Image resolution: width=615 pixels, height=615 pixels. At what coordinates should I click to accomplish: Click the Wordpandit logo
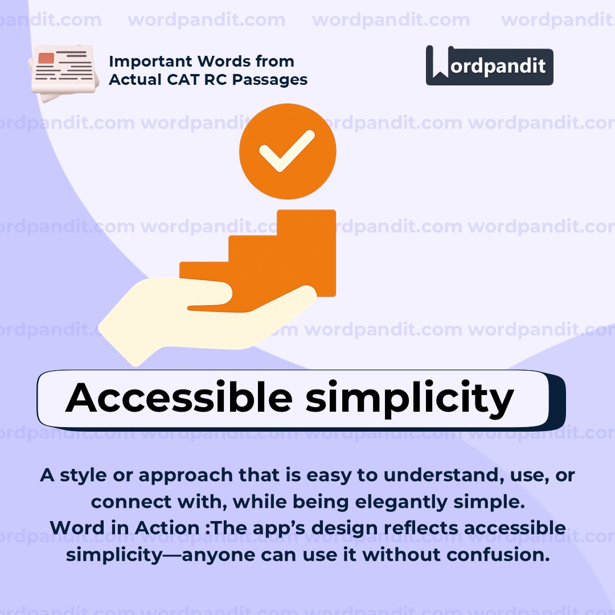click(489, 65)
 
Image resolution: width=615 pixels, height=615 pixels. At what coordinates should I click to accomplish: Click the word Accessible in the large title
click(179, 398)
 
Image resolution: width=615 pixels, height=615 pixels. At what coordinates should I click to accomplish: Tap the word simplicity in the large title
click(409, 399)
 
